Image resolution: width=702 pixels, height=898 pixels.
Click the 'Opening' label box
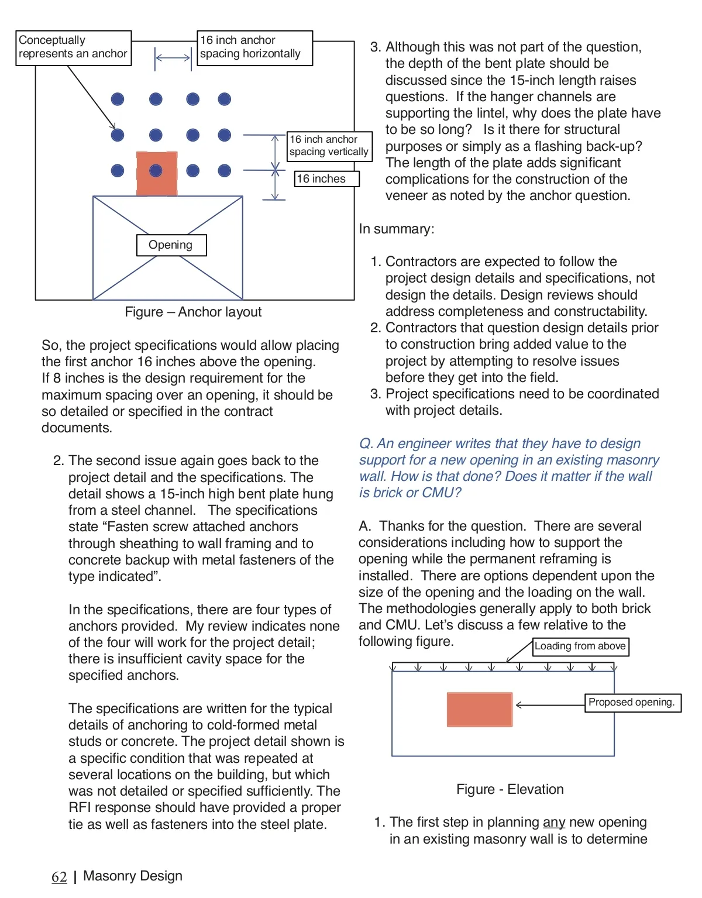tap(171, 245)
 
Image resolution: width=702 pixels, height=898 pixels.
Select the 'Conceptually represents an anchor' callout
tap(73, 47)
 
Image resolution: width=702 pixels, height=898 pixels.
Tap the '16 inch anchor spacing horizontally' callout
tap(254, 47)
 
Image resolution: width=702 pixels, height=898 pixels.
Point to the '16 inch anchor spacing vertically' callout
tap(329, 146)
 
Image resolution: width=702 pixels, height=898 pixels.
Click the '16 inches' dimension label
tap(326, 179)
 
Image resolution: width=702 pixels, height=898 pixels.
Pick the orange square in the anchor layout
tap(156, 173)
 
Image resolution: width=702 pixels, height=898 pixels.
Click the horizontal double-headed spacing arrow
tap(173, 58)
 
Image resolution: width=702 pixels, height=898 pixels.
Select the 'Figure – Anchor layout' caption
tap(193, 312)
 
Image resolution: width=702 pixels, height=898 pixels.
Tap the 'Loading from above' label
tap(580, 646)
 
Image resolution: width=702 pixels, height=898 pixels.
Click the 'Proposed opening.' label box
tap(632, 703)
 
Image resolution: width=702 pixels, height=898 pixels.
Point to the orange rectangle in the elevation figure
tap(479, 709)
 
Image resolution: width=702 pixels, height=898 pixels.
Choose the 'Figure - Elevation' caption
tap(510, 789)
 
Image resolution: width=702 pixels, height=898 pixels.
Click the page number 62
tap(59, 876)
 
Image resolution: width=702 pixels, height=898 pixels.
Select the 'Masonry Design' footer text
tap(133, 876)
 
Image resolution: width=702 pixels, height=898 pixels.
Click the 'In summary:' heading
tap(397, 229)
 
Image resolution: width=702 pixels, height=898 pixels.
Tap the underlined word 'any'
tap(553, 823)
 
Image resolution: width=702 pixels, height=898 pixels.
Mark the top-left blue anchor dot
tap(118, 99)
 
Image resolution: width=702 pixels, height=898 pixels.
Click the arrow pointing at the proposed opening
tap(550, 705)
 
